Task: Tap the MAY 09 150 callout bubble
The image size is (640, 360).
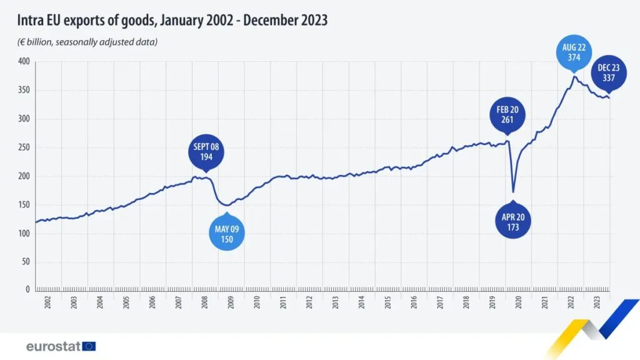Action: click(226, 233)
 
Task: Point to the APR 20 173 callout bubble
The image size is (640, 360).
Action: click(513, 222)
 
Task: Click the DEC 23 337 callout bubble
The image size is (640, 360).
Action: click(608, 74)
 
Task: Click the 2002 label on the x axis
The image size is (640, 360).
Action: click(48, 303)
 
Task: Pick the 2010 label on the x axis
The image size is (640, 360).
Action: click(257, 303)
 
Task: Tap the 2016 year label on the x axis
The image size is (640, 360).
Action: click(414, 303)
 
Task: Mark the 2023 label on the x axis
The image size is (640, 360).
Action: click(596, 303)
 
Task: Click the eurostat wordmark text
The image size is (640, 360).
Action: click(52, 346)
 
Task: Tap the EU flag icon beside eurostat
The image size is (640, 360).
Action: click(89, 346)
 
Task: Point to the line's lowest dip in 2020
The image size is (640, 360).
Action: click(513, 191)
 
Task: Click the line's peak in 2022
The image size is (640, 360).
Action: click(574, 76)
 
